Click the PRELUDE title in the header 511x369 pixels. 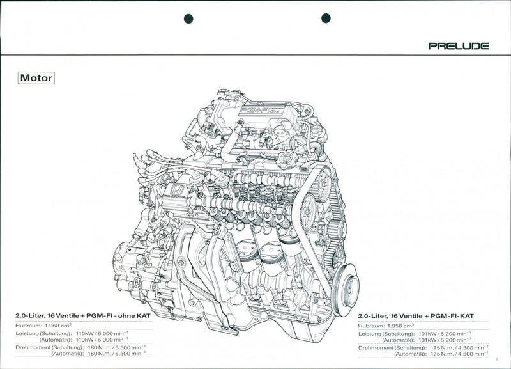(459, 46)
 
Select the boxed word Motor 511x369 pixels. (36, 78)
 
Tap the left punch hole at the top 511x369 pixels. (188, 19)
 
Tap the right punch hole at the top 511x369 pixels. (326, 19)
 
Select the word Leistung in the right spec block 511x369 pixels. (370, 333)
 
